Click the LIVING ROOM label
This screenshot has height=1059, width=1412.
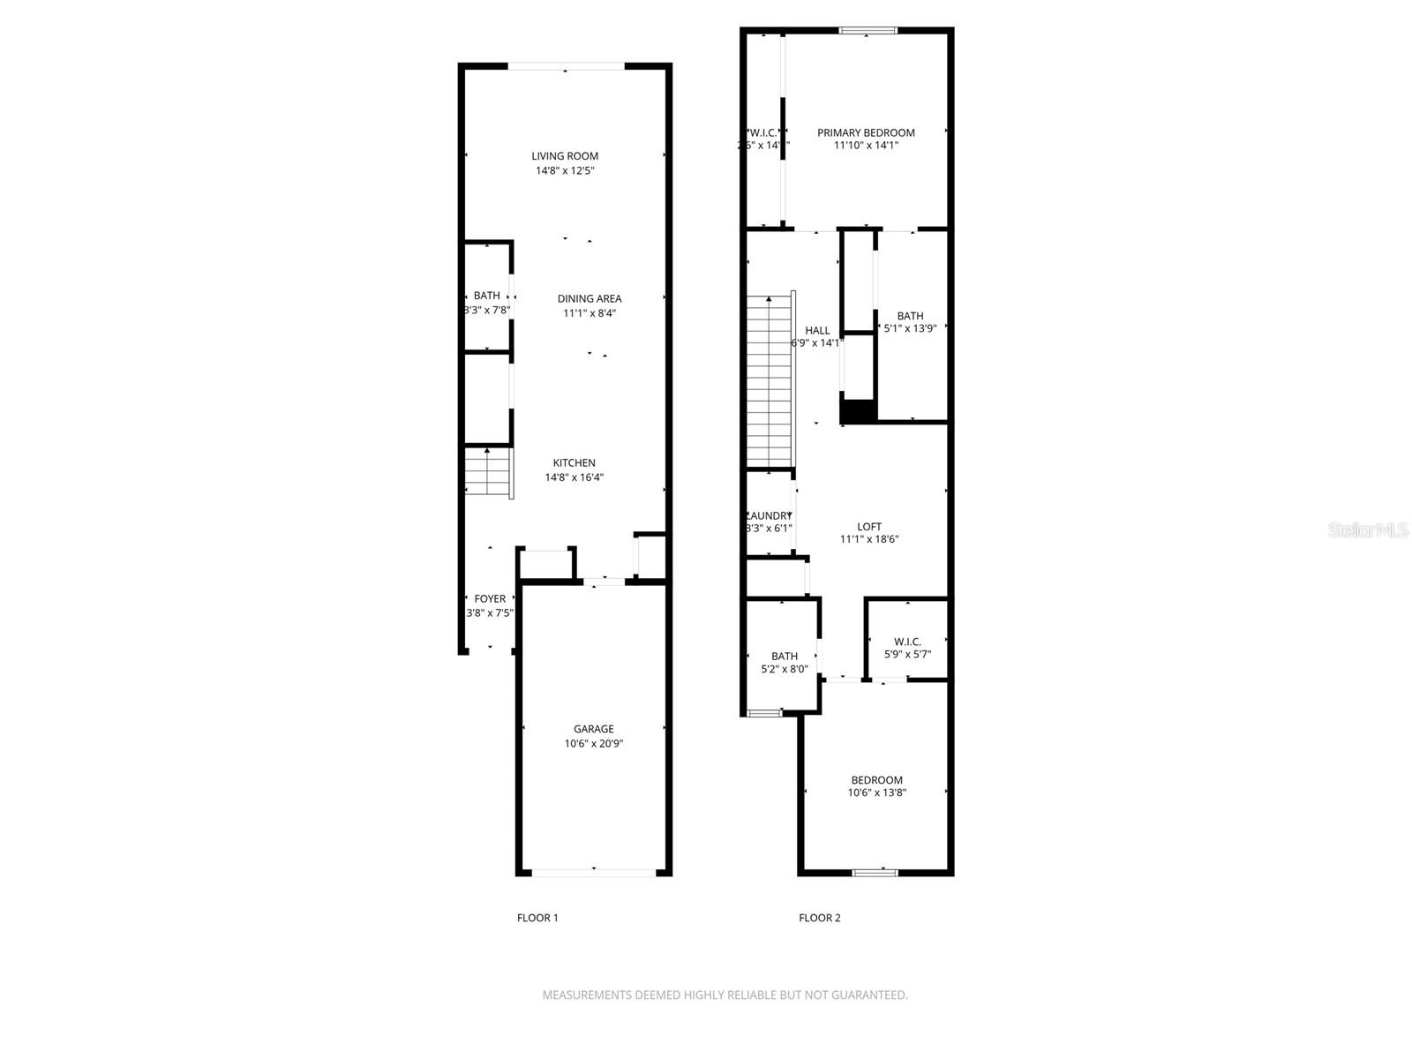[x=565, y=156]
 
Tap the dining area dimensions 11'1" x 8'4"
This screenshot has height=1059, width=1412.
[x=589, y=312]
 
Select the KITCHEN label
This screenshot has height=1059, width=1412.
[x=574, y=462]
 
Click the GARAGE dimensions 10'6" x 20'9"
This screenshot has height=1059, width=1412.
[x=593, y=743]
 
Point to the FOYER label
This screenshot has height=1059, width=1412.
[x=490, y=598]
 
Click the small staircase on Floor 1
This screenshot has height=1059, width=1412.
[x=488, y=474]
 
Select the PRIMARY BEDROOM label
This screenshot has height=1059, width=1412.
[x=866, y=132]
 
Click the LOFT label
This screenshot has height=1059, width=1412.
[x=869, y=526]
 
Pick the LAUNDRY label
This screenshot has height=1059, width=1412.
[x=770, y=515]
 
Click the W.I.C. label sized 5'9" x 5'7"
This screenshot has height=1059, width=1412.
[x=907, y=642]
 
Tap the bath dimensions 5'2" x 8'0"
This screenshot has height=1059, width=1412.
[x=785, y=669]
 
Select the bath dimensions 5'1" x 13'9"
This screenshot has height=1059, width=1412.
[x=910, y=328]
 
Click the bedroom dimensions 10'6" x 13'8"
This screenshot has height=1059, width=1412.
[x=876, y=792]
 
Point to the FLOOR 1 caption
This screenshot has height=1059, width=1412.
[x=537, y=918]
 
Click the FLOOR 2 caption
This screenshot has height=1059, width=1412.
[x=820, y=918]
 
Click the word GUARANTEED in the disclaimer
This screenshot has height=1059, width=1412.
[x=869, y=995]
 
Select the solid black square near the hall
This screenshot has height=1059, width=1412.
[x=857, y=411]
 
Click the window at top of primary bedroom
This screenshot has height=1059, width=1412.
[x=867, y=31]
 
